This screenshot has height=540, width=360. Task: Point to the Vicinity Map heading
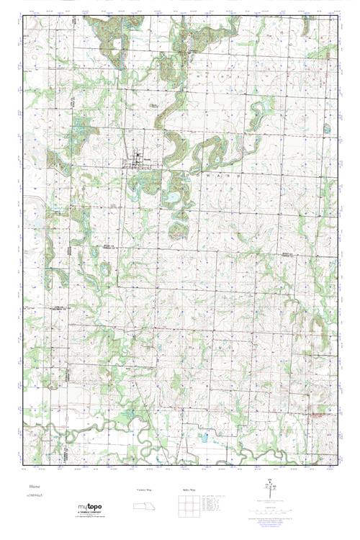coord(144,490)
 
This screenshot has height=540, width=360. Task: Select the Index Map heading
coord(185,490)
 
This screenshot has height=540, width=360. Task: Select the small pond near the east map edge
coord(326,130)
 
